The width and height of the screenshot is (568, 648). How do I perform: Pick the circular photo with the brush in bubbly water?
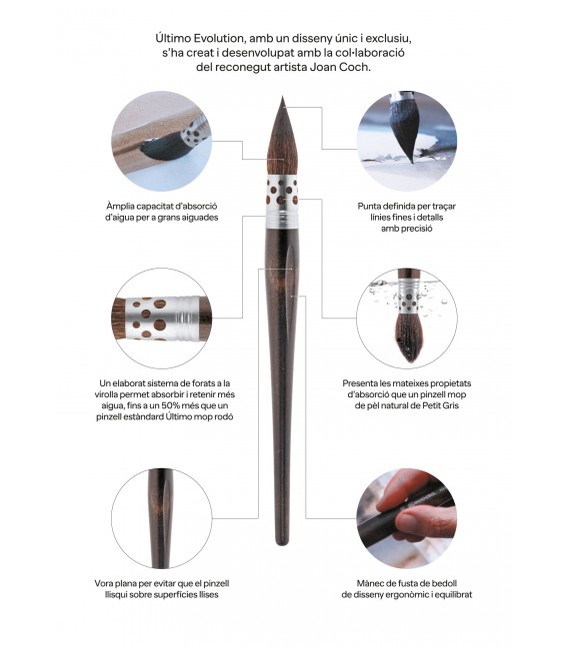(x=405, y=317)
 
